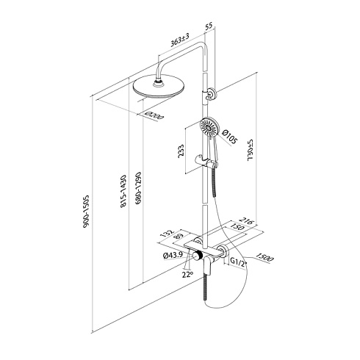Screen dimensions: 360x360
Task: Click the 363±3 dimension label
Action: point(180,40)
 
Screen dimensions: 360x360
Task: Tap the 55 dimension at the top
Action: point(209,26)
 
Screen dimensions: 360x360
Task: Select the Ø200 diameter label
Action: point(154,115)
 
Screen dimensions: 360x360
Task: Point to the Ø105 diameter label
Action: point(229,137)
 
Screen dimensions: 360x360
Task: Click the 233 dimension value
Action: point(181,151)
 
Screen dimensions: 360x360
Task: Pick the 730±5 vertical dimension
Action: point(251,150)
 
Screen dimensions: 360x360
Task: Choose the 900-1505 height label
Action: point(86,212)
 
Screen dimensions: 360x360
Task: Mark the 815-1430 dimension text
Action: point(123,191)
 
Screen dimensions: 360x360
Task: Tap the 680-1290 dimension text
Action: point(138,188)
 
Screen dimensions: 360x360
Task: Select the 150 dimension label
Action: point(237,227)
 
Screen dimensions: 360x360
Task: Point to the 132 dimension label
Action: point(168,234)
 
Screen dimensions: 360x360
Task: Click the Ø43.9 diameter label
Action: point(173,255)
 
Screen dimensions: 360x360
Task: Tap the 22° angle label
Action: point(187,275)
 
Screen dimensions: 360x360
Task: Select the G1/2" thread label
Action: point(238,264)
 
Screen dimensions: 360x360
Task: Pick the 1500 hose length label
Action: point(264,258)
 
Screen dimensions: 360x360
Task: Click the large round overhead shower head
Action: point(159,87)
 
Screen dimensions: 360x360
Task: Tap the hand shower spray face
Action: point(209,127)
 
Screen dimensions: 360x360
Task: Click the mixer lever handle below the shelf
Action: point(208,265)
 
